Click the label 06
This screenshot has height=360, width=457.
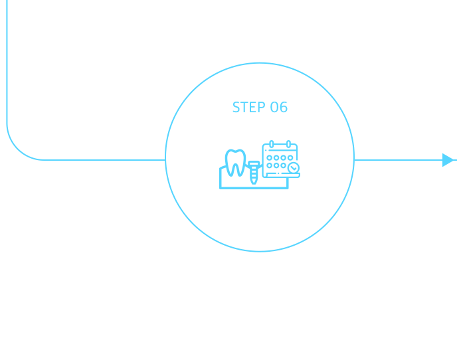(x=278, y=107)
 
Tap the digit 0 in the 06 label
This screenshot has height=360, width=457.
(x=274, y=107)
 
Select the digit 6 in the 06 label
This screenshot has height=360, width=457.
(x=283, y=107)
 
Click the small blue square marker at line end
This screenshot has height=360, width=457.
(x=448, y=159)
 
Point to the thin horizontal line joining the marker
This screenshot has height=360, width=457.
(x=399, y=159)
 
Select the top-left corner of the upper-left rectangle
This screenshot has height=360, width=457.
(x=7, y=1)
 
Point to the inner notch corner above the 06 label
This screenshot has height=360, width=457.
(x=270, y=62)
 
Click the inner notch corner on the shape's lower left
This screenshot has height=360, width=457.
(x=165, y=161)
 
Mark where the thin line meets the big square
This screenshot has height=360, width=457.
(x=355, y=159)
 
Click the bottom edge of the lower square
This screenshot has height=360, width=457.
(x=259, y=252)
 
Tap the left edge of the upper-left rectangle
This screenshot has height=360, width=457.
(x=7, y=80)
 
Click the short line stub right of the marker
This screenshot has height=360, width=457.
(x=456, y=159)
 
